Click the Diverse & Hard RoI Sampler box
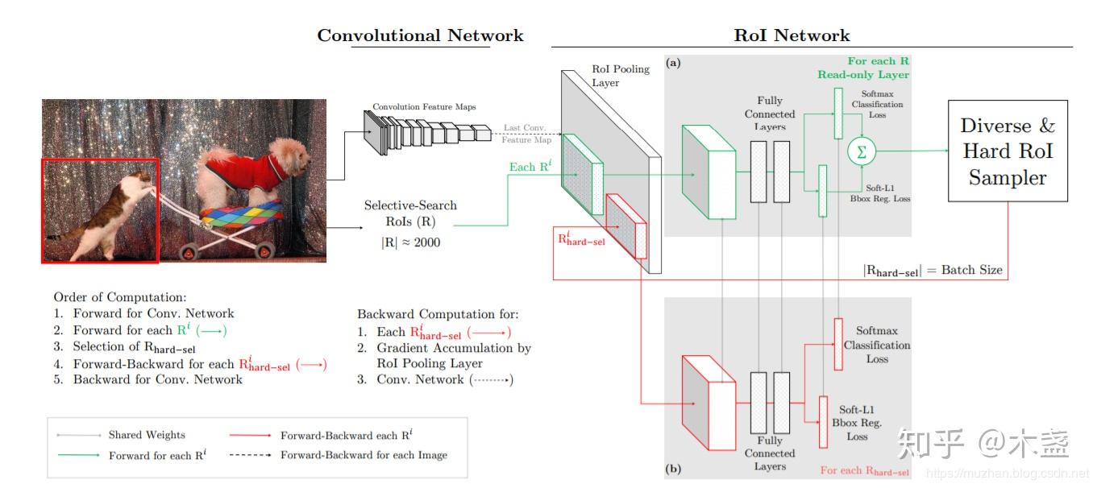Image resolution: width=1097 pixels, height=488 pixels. click(x=1007, y=151)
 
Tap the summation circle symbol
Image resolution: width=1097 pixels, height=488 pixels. click(x=862, y=151)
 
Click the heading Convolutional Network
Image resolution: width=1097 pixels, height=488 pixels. click(x=420, y=35)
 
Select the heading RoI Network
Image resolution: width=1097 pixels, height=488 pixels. click(x=792, y=35)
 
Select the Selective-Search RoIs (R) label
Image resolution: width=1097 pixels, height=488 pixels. click(x=410, y=213)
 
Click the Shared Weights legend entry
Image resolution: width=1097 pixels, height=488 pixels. click(x=147, y=435)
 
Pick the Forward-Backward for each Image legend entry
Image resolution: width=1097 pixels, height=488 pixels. click(x=364, y=455)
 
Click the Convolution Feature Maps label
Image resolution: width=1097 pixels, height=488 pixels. click(x=424, y=107)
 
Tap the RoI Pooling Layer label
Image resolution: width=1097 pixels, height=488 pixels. click(x=620, y=76)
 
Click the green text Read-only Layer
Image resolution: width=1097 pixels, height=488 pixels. click(x=863, y=75)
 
